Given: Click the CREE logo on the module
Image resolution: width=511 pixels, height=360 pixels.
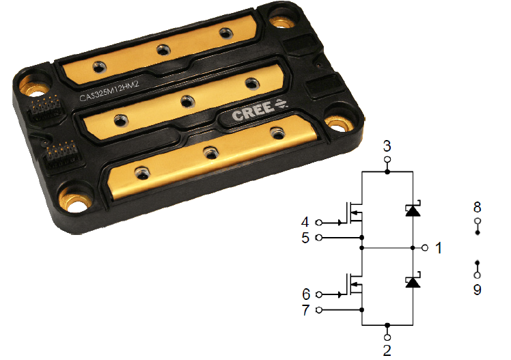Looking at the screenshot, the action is pyautogui.click(x=260, y=110).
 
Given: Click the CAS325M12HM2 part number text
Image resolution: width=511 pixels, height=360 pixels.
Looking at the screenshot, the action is pyautogui.click(x=109, y=92).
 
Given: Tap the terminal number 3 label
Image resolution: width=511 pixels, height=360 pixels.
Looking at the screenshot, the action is pyautogui.click(x=387, y=146).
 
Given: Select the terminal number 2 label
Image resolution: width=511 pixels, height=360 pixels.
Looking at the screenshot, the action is pyautogui.click(x=387, y=350).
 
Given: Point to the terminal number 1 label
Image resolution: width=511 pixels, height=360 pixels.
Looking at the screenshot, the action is pyautogui.click(x=439, y=248).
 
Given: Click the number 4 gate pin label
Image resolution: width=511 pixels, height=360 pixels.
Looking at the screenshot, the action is pyautogui.click(x=305, y=222).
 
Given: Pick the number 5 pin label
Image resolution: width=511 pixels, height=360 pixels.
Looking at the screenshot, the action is pyautogui.click(x=305, y=238).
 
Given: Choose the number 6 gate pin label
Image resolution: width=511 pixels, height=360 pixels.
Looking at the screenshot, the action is pyautogui.click(x=306, y=294).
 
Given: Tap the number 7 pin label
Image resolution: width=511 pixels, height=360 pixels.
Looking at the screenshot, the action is pyautogui.click(x=305, y=310).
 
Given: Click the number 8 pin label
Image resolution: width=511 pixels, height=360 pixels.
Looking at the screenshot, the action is pyautogui.click(x=477, y=207).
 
